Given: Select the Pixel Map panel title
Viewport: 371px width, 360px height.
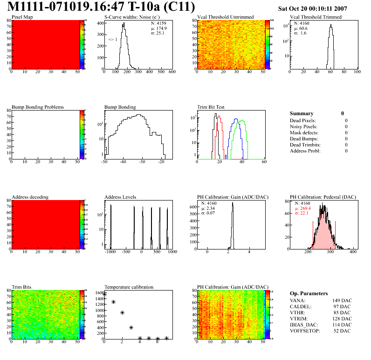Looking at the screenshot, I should (x=22, y=17).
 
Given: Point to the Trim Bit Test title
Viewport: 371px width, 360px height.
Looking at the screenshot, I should (x=211, y=107).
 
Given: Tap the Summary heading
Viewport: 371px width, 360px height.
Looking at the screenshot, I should (x=302, y=113).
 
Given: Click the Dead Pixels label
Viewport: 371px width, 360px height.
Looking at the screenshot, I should (x=303, y=121).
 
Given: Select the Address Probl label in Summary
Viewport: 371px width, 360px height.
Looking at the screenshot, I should (x=305, y=151).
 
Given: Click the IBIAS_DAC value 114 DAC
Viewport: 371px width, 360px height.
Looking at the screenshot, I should (x=342, y=325).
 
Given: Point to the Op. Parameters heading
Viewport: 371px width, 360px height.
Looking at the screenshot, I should (x=309, y=293).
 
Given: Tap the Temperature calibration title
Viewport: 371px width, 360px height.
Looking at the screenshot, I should (x=129, y=287).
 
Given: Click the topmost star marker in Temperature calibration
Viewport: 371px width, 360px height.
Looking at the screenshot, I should (x=105, y=294).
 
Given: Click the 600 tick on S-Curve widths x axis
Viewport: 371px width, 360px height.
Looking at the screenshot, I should (x=172, y=72).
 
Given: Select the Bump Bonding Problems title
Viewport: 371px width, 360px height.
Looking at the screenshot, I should (x=38, y=107).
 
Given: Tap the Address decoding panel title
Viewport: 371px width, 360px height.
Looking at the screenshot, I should (x=30, y=197).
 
